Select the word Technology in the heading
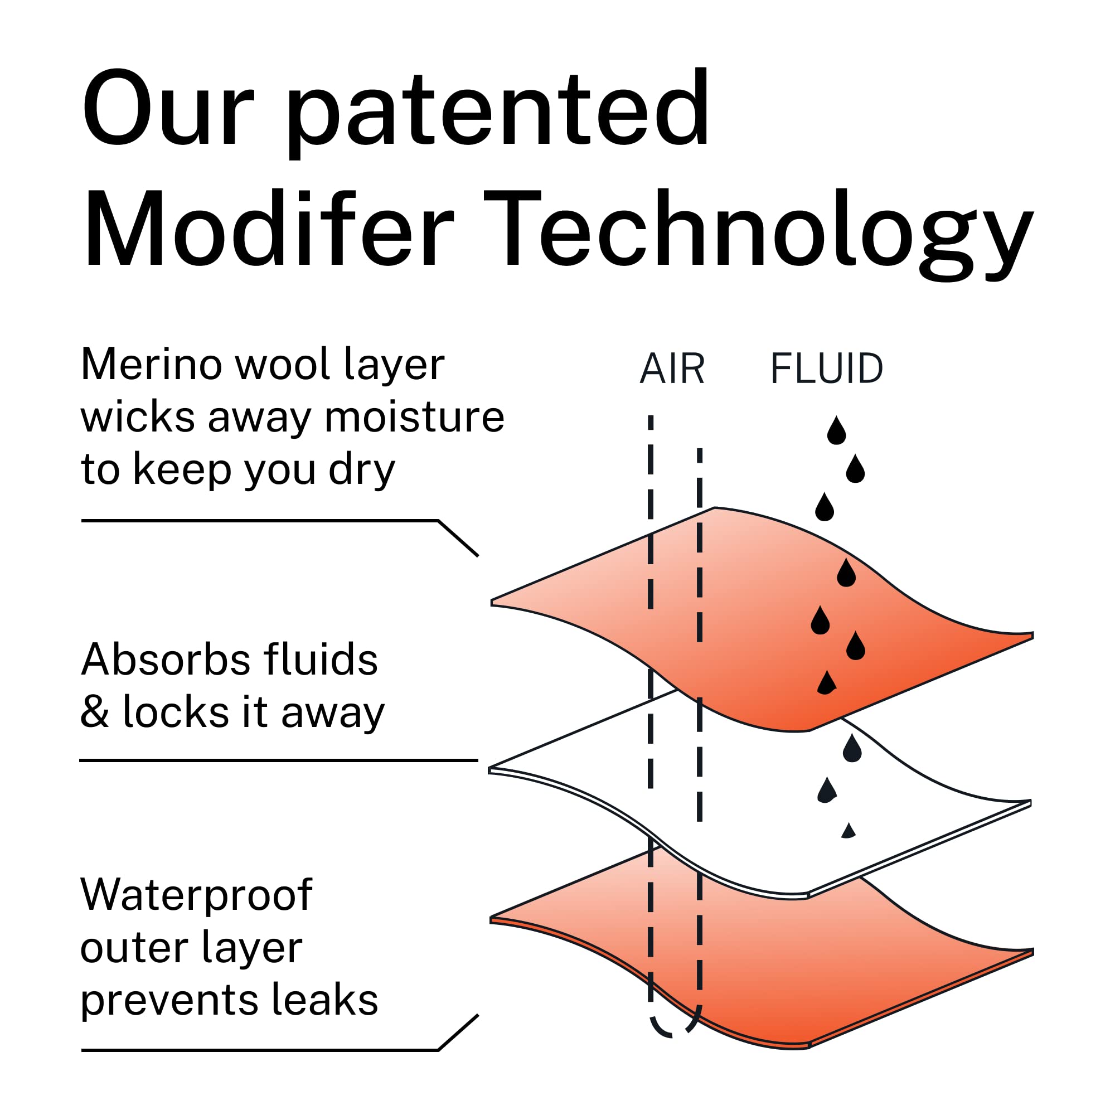[x=758, y=234]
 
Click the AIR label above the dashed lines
[x=672, y=368]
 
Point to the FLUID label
[x=826, y=368]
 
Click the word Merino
[x=151, y=365]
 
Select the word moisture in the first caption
[x=414, y=416]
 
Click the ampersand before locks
[x=95, y=710]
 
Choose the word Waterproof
[x=196, y=895]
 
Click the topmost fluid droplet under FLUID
[x=836, y=430]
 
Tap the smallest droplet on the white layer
[x=849, y=831]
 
